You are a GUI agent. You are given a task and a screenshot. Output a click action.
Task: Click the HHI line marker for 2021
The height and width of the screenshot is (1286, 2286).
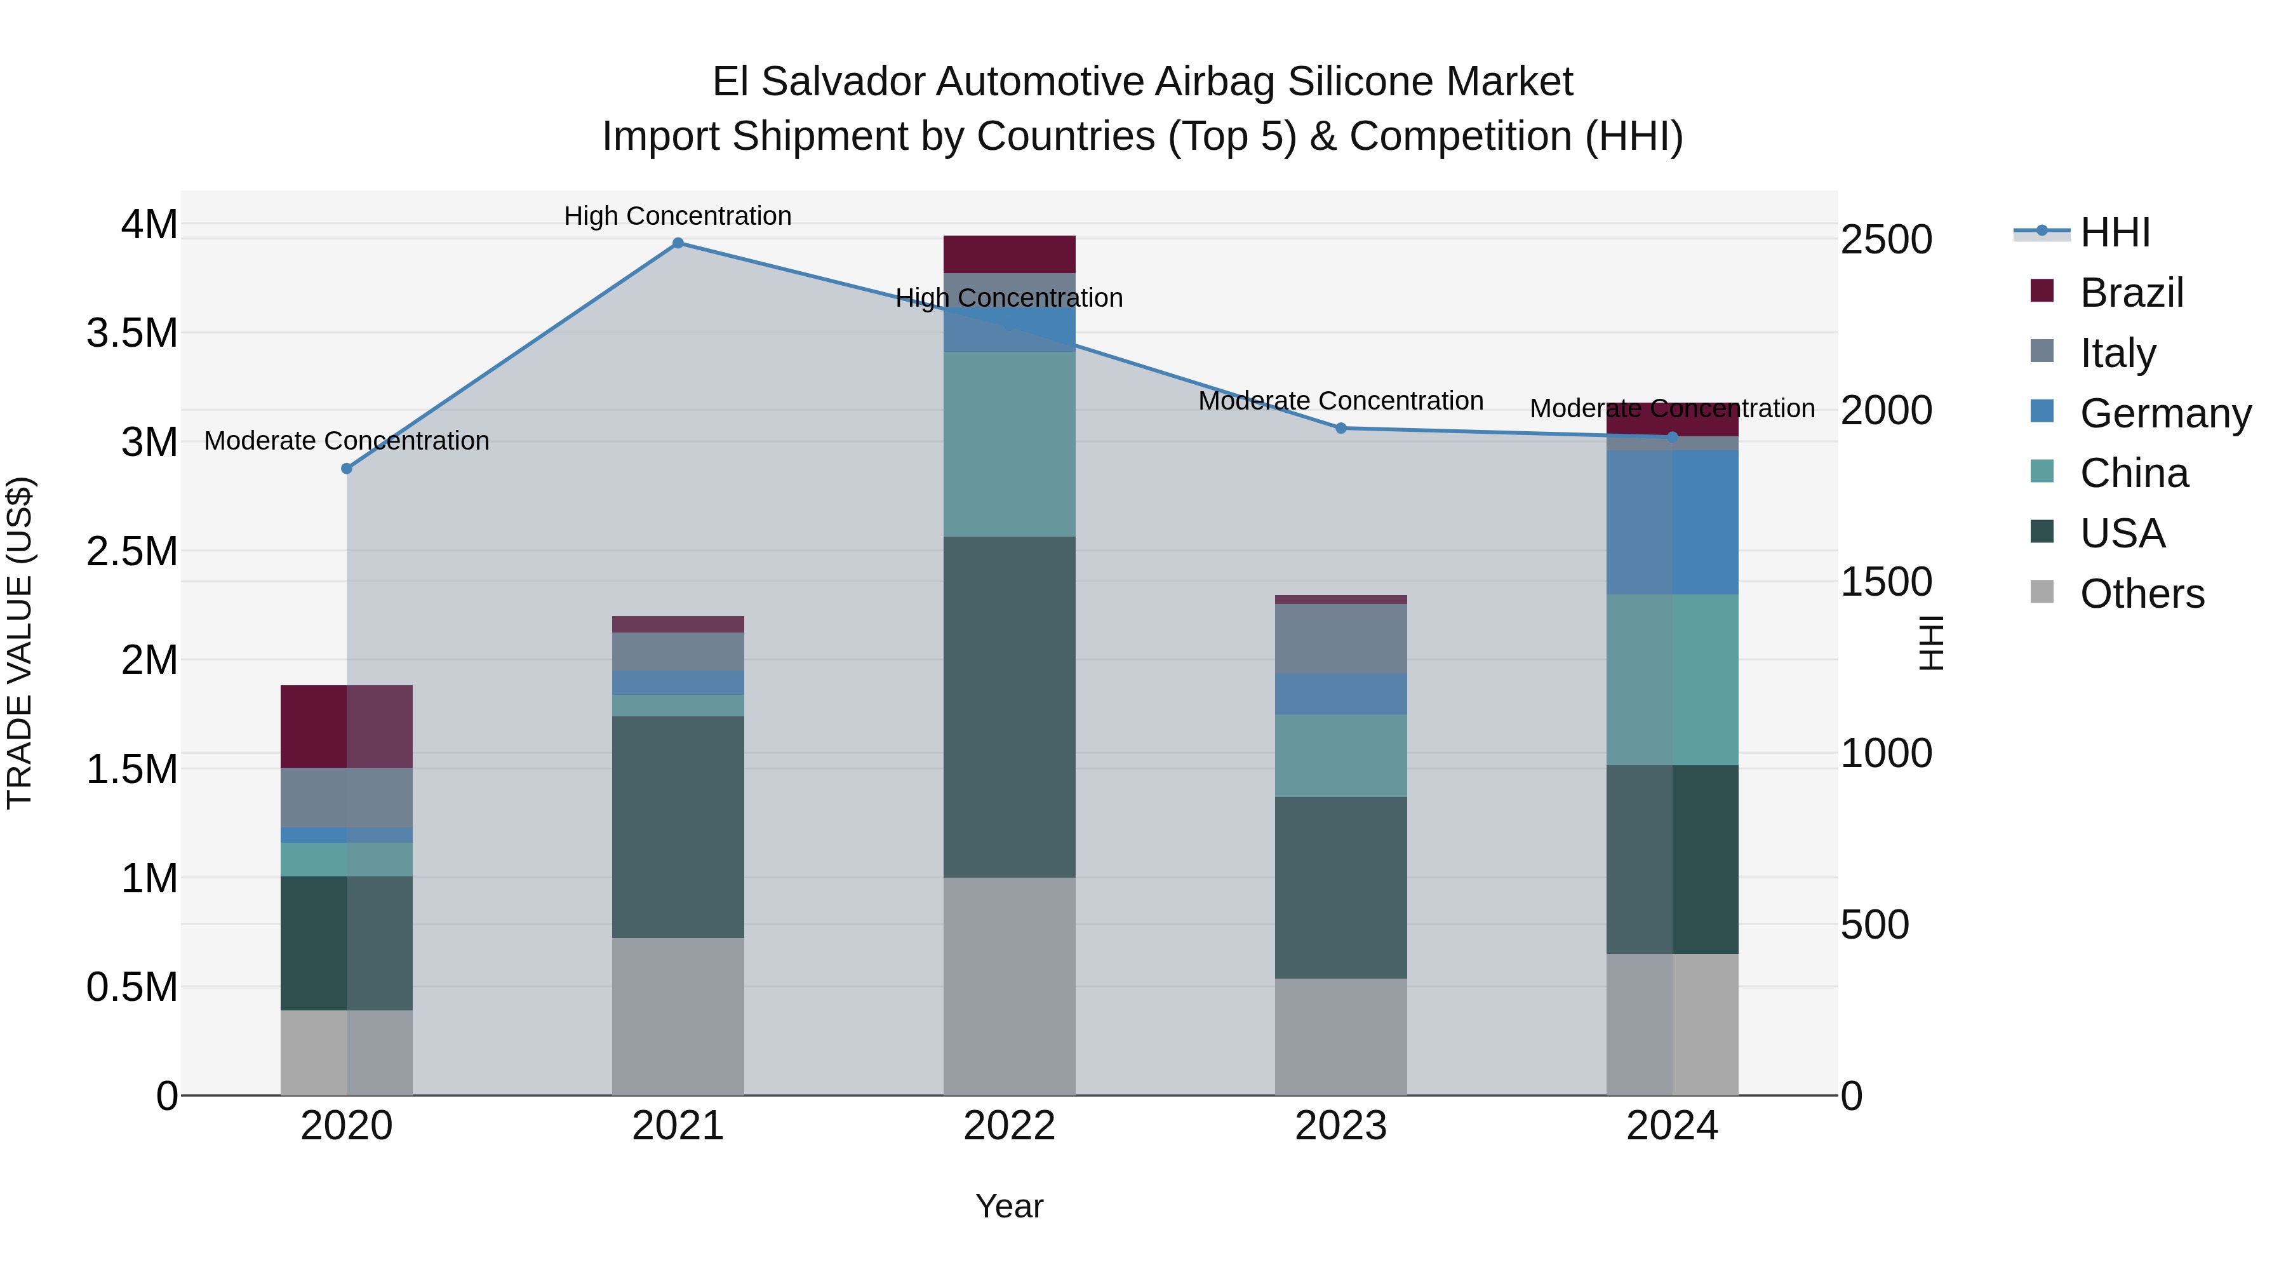pos(678,243)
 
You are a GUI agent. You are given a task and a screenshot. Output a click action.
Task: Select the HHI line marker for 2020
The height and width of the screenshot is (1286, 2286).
pos(347,469)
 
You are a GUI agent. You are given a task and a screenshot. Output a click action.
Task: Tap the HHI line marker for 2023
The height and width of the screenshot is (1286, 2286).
pos(1341,428)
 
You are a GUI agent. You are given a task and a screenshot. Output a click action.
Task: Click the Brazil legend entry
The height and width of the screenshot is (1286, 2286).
pos(2130,293)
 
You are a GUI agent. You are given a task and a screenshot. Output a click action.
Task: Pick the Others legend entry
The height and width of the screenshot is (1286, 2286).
pos(2141,594)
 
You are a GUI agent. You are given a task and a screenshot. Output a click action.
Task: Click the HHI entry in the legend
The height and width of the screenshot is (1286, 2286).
pos(2114,232)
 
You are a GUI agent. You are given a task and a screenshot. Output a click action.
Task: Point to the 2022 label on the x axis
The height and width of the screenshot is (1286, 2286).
pos(1009,1126)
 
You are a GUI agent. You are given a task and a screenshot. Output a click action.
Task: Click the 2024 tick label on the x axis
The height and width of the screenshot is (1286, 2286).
pos(1672,1126)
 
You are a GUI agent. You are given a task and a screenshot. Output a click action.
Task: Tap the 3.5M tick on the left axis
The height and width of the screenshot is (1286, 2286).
pos(132,333)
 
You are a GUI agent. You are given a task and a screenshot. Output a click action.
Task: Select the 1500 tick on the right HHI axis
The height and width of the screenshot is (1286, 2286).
pos(1886,582)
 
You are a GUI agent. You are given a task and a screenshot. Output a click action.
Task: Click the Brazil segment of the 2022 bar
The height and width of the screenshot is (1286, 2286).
pos(1009,255)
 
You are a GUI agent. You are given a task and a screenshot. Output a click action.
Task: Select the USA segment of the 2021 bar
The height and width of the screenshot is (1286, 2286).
pos(678,826)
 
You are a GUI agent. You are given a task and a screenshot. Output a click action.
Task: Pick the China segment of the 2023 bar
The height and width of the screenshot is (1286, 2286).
pos(1341,755)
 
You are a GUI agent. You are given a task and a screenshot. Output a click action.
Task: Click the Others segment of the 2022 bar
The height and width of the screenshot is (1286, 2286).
pos(1009,986)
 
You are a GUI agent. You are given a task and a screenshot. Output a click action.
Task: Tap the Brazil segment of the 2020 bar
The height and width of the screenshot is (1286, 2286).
pos(346,726)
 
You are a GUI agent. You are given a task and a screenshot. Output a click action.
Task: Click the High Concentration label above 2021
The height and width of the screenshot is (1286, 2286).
pos(678,216)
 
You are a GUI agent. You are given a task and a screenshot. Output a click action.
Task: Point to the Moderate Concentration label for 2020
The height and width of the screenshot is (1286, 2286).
pos(347,441)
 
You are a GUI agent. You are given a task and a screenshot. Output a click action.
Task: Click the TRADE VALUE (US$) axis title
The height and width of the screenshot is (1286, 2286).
pos(20,643)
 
